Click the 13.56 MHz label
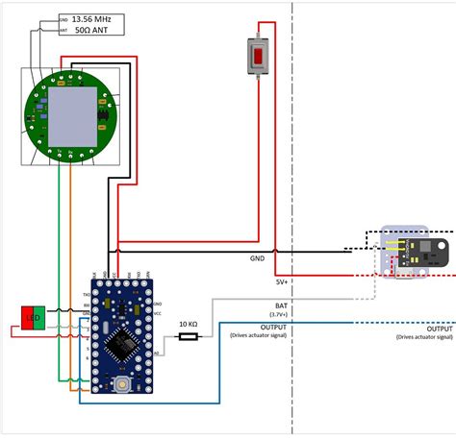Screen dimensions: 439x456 tap(91, 18)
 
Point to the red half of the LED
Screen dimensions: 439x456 tap(28, 317)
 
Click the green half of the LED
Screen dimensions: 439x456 tap(38, 317)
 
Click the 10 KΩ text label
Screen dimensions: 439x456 tap(188, 326)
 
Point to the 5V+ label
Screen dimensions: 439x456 tap(282, 282)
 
